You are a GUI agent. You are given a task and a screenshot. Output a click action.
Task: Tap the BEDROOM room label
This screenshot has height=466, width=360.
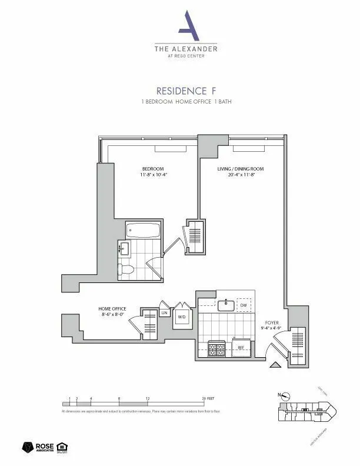coord(152,169)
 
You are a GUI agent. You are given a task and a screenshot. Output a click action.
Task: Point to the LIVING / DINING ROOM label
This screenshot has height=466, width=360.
coord(241,169)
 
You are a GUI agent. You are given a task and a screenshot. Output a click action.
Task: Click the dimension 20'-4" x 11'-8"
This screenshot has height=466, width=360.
coord(241,175)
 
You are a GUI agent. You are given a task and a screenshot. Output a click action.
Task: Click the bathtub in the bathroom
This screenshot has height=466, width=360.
coord(144,230)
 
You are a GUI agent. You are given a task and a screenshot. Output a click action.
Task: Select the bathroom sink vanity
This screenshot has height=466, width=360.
coord(124,249)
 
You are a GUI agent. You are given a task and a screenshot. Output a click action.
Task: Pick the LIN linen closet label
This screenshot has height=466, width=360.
coord(165,314)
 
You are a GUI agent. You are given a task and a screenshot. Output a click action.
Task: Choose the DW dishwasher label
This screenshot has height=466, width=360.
coord(243,306)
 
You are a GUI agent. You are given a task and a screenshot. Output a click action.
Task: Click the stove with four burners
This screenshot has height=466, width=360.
coord(216,349)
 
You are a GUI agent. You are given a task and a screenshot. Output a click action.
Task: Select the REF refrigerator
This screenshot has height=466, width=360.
coord(241,348)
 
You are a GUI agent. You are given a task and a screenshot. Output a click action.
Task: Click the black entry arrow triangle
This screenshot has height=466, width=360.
coord(275,365)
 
